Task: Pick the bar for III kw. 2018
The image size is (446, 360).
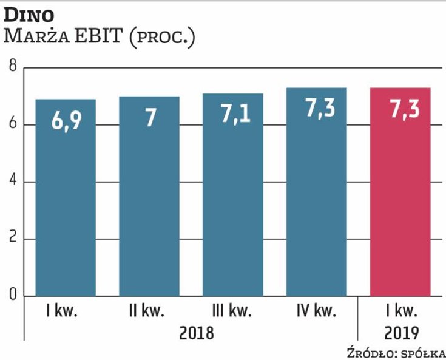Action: pyautogui.click(x=233, y=195)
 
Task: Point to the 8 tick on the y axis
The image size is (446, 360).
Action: pyautogui.click(x=12, y=67)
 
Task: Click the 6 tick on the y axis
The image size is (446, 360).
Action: pyautogui.click(x=12, y=124)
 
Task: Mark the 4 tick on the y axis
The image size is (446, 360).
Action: pyautogui.click(x=12, y=182)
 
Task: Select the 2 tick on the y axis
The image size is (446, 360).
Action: pyautogui.click(x=12, y=239)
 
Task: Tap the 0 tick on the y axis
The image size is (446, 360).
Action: pyautogui.click(x=12, y=296)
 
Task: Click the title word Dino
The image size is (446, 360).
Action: pyautogui.click(x=30, y=13)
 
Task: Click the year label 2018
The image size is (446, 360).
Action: pyautogui.click(x=196, y=333)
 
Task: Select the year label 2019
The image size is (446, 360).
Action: pyautogui.click(x=401, y=333)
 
